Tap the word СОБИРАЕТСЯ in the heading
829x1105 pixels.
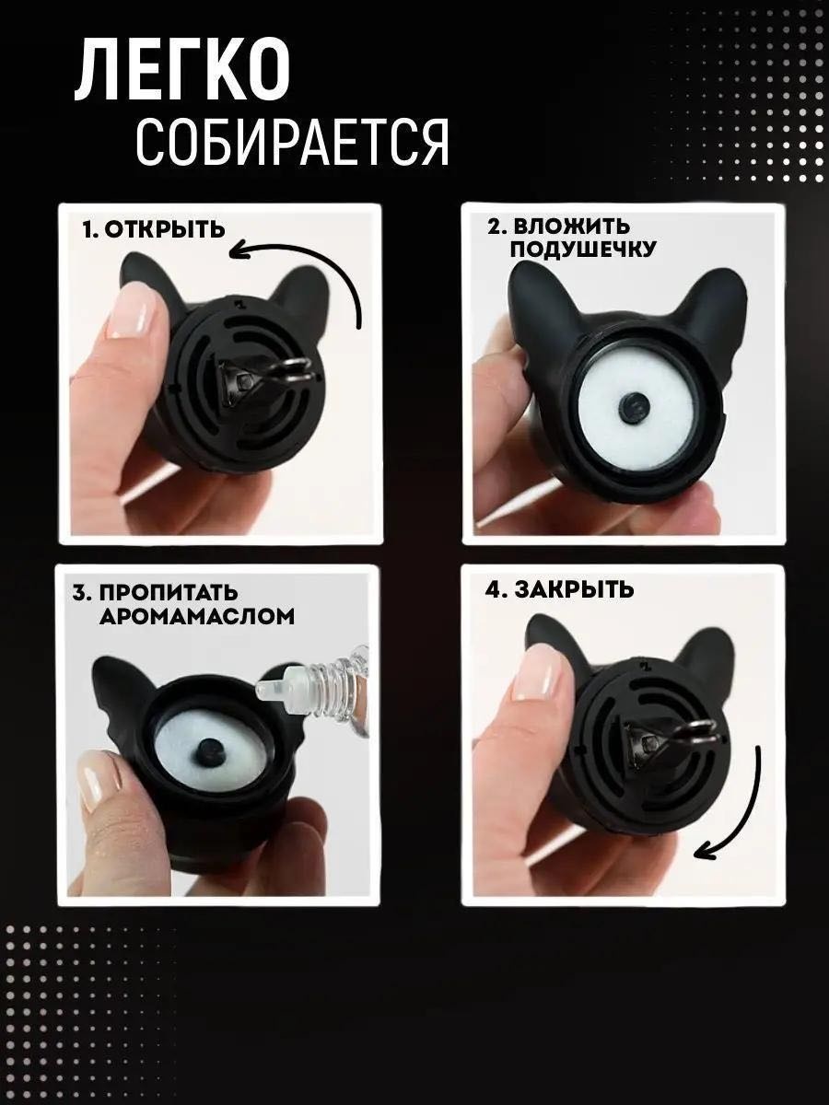(x=292, y=143)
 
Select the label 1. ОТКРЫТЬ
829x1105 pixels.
(x=154, y=229)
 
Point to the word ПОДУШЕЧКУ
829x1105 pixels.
(x=582, y=250)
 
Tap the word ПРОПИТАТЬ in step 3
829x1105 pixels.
(x=169, y=592)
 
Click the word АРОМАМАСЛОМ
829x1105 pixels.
(x=197, y=616)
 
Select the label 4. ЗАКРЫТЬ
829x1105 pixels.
(x=559, y=589)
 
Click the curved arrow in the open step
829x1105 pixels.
(x=328, y=263)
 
